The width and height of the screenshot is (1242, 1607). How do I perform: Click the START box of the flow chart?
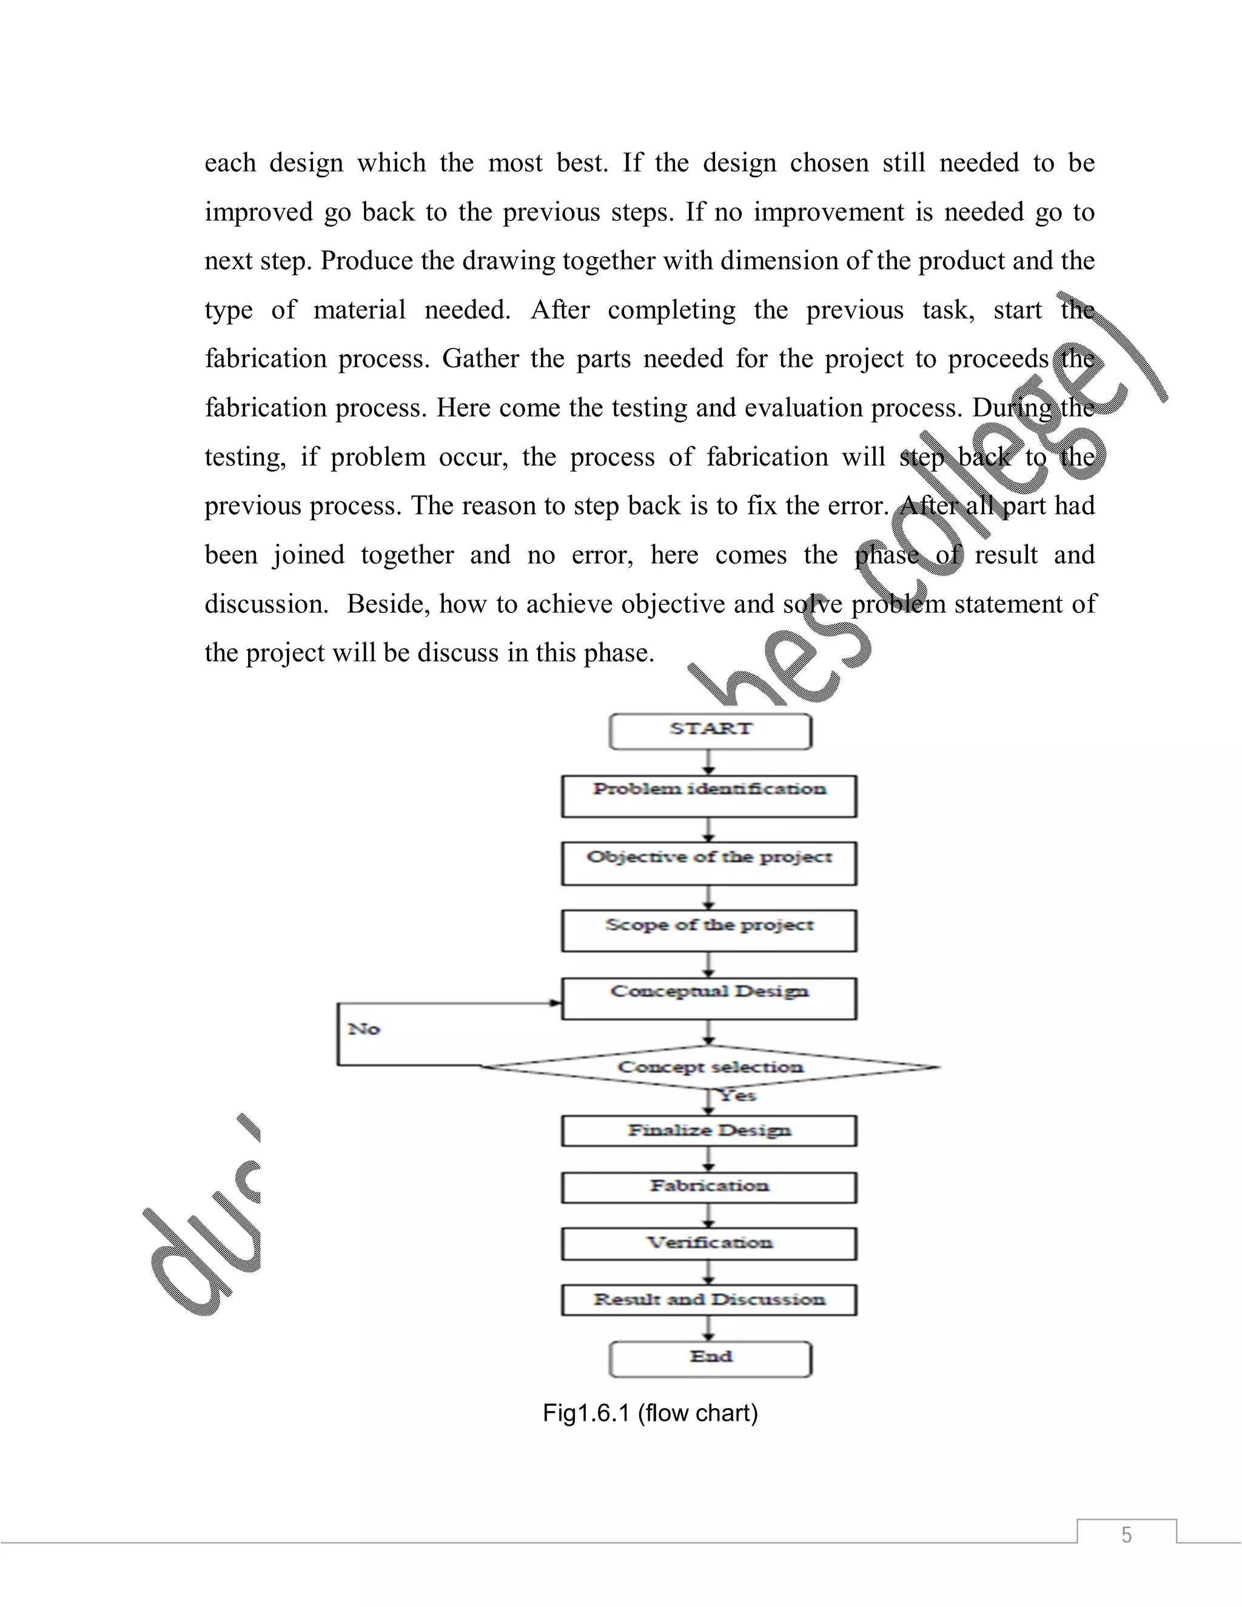pyautogui.click(x=710, y=731)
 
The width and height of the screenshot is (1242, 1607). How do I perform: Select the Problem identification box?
pyautogui.click(x=708, y=796)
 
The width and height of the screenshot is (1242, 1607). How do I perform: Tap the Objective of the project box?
pyautogui.click(x=708, y=863)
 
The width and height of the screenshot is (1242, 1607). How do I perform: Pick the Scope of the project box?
pyautogui.click(x=708, y=931)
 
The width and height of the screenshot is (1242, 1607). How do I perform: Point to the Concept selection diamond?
pyautogui.click(x=710, y=1067)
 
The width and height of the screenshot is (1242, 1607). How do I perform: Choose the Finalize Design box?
pyautogui.click(x=708, y=1131)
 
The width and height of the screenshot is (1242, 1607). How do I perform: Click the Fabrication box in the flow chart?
pyautogui.click(x=708, y=1187)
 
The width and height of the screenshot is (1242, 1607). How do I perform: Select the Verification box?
pyautogui.click(x=708, y=1244)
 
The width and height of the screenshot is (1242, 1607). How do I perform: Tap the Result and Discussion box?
pyautogui.click(x=708, y=1300)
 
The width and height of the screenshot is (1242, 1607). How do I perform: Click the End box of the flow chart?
pyautogui.click(x=710, y=1358)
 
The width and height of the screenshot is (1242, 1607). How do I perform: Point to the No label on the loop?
pyautogui.click(x=363, y=1028)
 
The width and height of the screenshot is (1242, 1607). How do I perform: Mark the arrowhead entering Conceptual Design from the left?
pyautogui.click(x=556, y=1002)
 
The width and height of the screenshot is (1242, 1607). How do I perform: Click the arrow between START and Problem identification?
pyautogui.click(x=708, y=762)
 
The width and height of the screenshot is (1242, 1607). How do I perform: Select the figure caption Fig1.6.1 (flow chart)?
pyautogui.click(x=650, y=1414)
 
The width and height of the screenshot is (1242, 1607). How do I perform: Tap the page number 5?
pyautogui.click(x=1126, y=1535)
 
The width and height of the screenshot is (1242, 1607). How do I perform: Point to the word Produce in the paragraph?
pyautogui.click(x=366, y=261)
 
